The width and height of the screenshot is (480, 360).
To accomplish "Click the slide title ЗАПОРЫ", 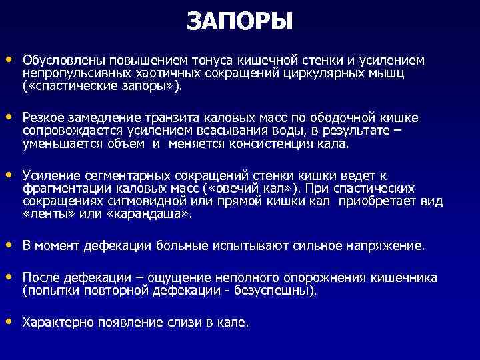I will click(x=240, y=23).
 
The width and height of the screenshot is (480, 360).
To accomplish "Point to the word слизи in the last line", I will click(x=185, y=323).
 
